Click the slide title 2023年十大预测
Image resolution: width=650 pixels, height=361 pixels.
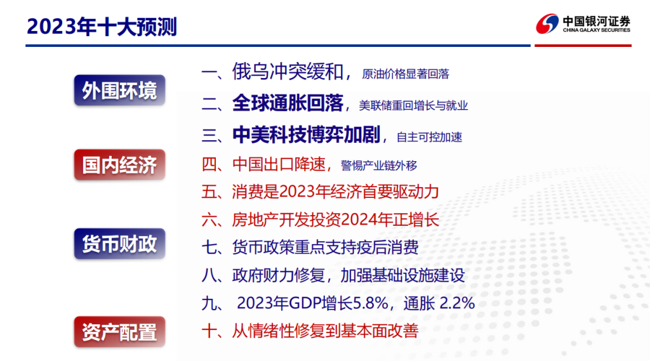(102, 27)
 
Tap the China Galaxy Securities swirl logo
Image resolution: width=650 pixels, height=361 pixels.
(547, 23)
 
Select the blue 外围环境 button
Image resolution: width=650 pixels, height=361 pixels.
(119, 90)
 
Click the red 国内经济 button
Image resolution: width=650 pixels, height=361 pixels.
(119, 164)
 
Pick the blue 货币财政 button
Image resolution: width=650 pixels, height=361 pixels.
(119, 243)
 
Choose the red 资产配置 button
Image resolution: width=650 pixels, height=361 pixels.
(119, 332)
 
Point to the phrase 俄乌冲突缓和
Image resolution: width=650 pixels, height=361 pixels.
(288, 71)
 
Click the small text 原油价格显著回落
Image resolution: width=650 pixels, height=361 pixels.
(406, 74)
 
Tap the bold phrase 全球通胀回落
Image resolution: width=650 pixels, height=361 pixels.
(288, 103)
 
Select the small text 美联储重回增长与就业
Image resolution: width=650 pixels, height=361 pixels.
(413, 105)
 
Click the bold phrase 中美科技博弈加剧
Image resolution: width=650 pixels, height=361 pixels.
(307, 135)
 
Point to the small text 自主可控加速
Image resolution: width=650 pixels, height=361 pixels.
(430, 137)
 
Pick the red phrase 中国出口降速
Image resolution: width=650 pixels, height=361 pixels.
(279, 164)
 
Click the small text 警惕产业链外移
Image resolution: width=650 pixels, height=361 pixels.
(379, 166)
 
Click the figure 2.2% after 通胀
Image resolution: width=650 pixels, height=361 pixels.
(457, 303)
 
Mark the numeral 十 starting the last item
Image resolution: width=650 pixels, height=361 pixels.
(209, 331)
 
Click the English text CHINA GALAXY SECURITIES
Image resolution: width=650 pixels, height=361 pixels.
(597, 30)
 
